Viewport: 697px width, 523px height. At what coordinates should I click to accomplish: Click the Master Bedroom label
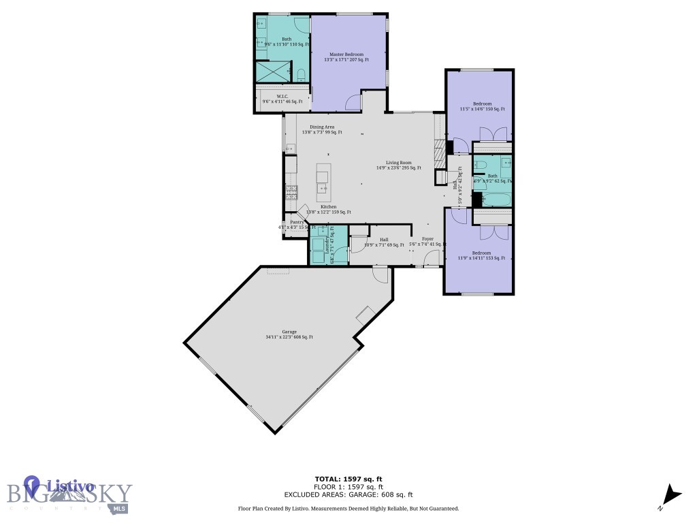(346, 57)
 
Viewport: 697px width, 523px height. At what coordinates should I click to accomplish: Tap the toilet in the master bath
(301, 73)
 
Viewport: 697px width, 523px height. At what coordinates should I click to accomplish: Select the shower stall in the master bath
(272, 71)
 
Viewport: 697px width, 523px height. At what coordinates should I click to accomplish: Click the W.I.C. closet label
(282, 99)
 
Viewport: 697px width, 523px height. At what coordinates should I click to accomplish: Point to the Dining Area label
(322, 129)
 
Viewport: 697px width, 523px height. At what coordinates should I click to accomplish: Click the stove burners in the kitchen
(291, 191)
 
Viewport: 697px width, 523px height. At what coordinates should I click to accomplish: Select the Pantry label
(297, 224)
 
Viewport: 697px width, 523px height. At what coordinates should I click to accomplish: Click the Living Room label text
(399, 165)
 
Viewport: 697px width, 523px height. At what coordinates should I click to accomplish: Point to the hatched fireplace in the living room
(440, 147)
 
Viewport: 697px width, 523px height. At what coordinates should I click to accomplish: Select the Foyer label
(427, 241)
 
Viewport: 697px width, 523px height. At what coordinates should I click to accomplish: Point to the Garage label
(289, 334)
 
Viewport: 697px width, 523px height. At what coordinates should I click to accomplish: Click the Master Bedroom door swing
(353, 102)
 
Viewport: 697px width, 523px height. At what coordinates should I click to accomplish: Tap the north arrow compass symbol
(672, 496)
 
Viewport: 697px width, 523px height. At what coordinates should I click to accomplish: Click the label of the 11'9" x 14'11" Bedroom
(482, 255)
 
